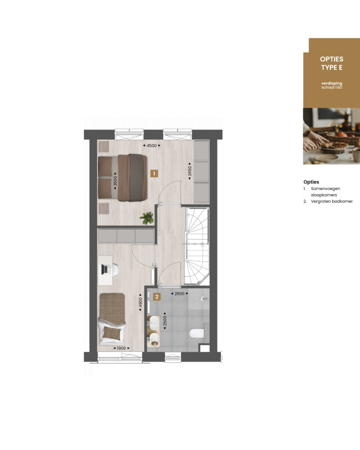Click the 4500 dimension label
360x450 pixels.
(x=152, y=145)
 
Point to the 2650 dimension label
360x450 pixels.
(x=189, y=171)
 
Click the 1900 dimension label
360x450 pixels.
(x=121, y=348)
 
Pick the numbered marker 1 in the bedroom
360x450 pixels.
(x=154, y=173)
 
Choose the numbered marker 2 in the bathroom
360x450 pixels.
(x=157, y=297)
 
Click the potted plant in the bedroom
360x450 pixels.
(x=147, y=218)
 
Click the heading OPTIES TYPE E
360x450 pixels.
(x=331, y=63)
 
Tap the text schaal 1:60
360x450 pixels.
(x=331, y=87)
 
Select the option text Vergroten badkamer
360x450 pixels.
(x=332, y=201)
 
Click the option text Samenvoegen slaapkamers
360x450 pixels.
(x=325, y=192)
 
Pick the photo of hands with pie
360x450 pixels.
(x=331, y=136)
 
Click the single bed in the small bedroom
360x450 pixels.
(x=112, y=319)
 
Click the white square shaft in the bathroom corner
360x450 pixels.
(x=205, y=348)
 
